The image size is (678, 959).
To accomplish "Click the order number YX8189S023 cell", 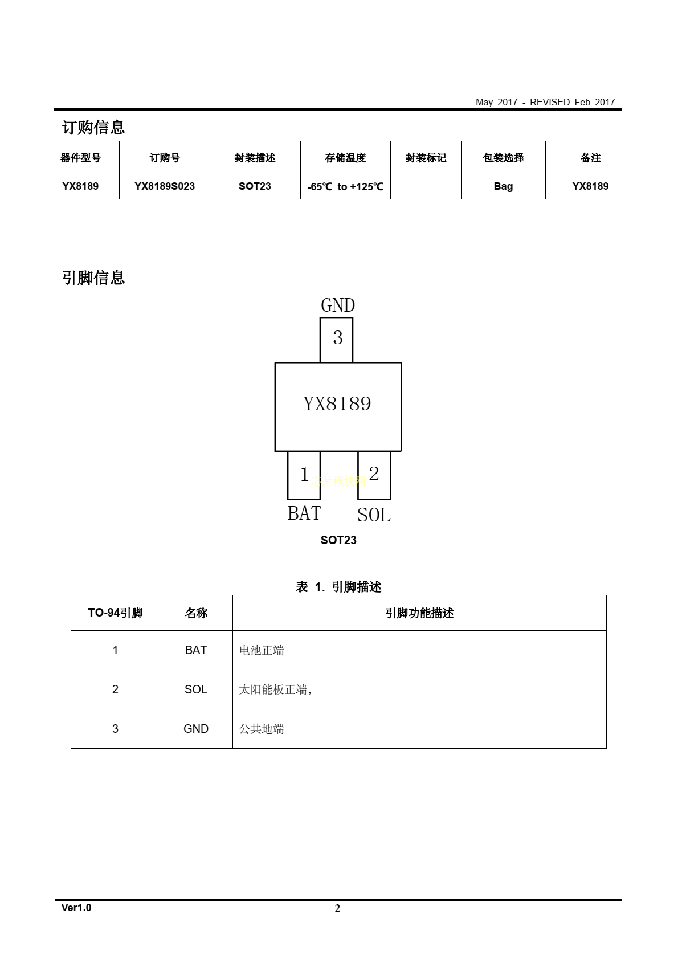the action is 164,186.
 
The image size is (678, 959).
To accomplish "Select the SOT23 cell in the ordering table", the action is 255,186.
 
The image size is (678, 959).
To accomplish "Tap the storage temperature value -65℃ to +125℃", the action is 345,187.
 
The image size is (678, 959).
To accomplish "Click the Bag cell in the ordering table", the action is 503,187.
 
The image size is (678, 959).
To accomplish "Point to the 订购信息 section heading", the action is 93,127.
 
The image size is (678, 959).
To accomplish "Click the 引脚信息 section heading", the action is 93,278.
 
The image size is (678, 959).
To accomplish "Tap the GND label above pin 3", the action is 338,305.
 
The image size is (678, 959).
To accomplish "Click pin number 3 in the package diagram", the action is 338,338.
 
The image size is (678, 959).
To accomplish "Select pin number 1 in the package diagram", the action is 304,474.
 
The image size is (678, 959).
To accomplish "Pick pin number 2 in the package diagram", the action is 374,474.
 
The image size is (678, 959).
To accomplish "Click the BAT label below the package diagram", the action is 304,513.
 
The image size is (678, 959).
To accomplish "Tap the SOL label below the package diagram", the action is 374,515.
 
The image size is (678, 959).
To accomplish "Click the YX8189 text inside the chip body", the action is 337,404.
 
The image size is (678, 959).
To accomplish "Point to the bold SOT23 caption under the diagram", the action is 338,540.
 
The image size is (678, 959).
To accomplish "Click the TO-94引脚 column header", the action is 115,613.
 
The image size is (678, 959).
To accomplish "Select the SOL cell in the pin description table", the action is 196,689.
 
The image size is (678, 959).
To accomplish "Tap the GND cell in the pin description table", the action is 196,729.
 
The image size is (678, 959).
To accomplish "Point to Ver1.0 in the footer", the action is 76,908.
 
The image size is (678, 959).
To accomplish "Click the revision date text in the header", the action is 545,103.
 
